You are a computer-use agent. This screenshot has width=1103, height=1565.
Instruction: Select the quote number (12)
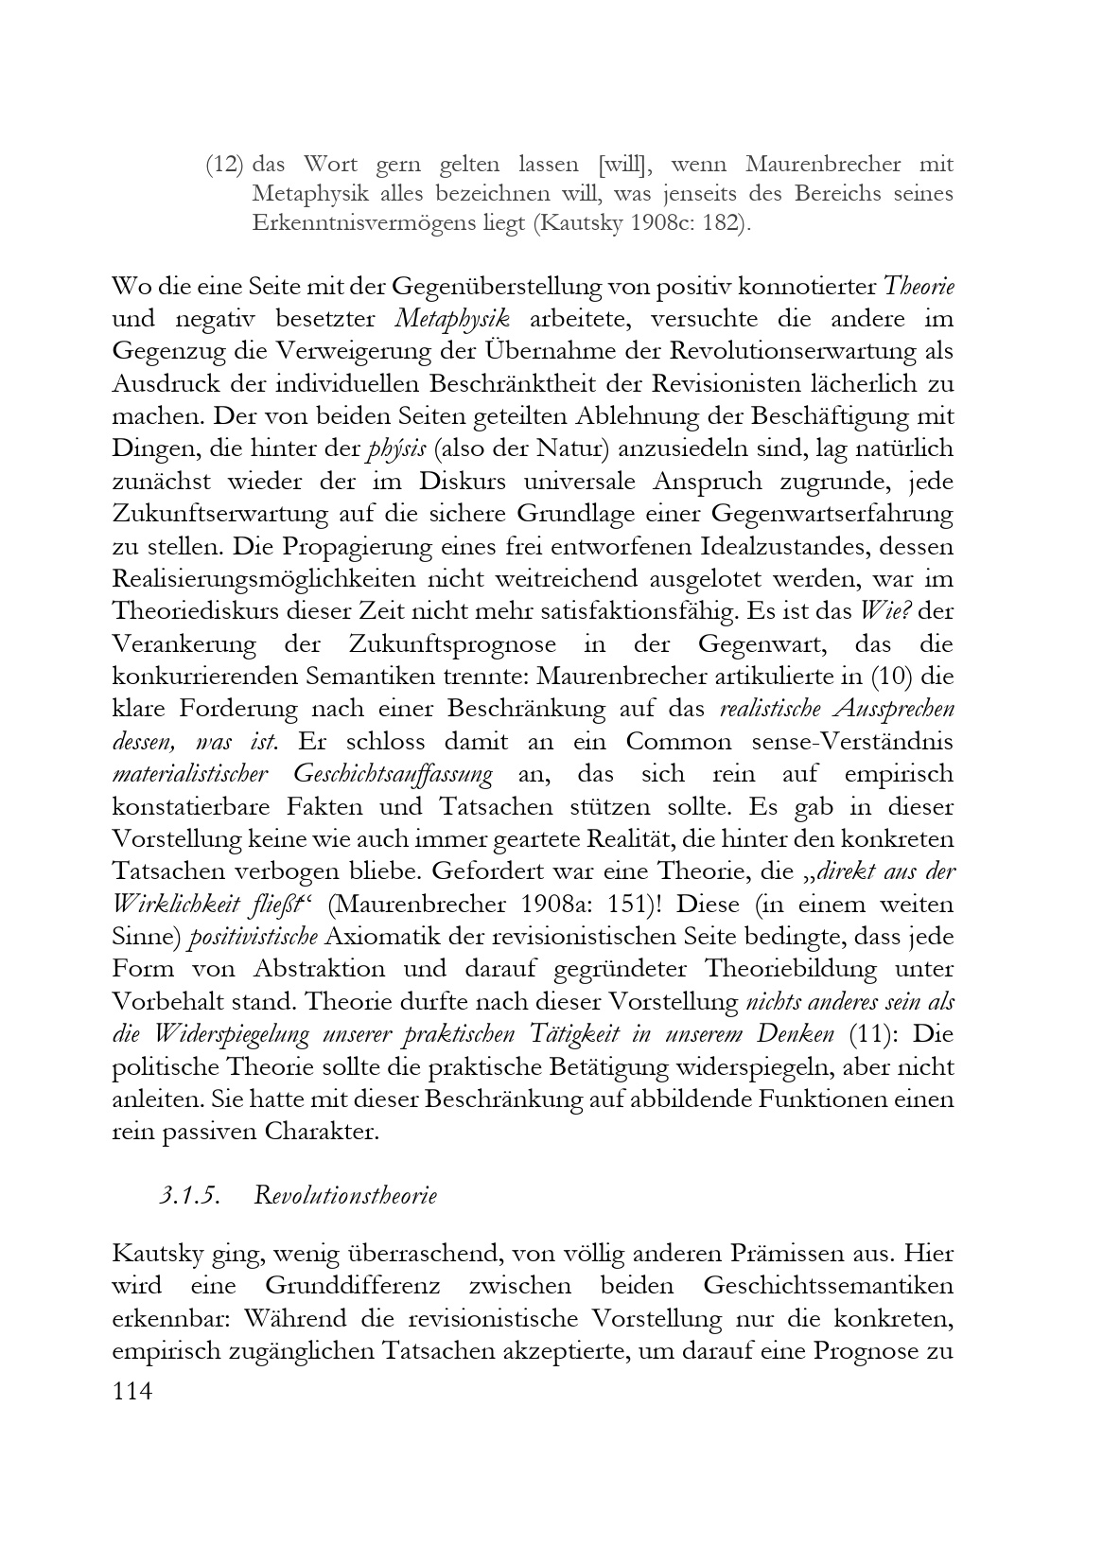click(225, 165)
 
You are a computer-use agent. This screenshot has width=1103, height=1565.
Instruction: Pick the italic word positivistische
click(253, 937)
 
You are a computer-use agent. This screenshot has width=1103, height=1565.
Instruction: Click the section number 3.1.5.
click(189, 1195)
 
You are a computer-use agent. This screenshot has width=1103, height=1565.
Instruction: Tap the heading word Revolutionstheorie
click(345, 1195)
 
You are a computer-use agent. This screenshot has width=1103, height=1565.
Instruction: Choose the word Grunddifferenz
click(344, 1286)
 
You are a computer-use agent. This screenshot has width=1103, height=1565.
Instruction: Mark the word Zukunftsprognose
click(422, 644)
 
